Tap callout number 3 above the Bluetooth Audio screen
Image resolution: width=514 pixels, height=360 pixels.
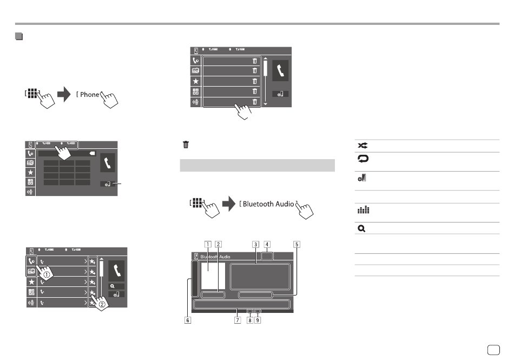(255, 244)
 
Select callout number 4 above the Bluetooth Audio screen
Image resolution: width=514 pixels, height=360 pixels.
(267, 244)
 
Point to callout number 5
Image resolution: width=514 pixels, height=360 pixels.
(296, 244)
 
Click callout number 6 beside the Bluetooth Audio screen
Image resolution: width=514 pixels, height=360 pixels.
(187, 320)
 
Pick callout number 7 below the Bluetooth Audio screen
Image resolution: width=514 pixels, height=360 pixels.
(236, 320)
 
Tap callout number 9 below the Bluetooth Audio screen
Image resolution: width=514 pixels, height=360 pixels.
(258, 320)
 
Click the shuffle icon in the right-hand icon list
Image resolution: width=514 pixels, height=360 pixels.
(361, 146)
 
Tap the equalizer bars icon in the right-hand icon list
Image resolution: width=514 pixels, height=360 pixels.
(361, 210)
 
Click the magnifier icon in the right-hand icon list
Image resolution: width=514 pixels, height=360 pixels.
(361, 228)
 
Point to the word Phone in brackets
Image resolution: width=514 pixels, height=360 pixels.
(89, 95)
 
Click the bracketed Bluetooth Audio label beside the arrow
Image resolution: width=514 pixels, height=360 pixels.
(268, 204)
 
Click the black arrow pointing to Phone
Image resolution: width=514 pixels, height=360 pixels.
(63, 94)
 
